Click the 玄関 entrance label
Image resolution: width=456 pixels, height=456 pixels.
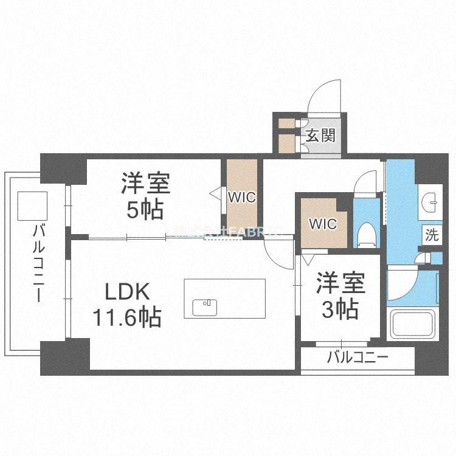tap(320, 135)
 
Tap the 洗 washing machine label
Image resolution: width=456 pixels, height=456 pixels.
tap(431, 235)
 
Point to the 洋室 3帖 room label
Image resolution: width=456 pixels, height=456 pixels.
tap(340, 296)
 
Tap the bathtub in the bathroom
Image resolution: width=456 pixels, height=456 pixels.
tap(413, 325)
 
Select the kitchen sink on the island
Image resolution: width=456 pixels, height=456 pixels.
tap(204, 307)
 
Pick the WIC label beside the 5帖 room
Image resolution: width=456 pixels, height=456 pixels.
tap(241, 198)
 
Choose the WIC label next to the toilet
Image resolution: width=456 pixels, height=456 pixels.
tap(322, 224)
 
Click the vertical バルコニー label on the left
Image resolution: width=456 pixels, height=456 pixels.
tap(40, 261)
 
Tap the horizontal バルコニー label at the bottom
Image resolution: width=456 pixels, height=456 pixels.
tap(357, 357)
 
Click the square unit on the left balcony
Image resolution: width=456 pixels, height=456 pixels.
tap(32, 206)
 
